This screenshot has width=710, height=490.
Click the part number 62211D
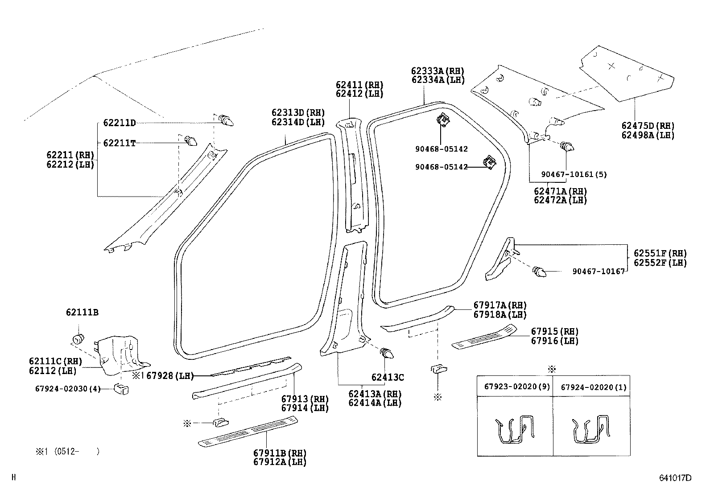(119, 123)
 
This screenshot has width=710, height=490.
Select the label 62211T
(119, 143)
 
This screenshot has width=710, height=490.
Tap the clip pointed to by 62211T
(191, 141)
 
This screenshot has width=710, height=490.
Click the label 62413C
(388, 378)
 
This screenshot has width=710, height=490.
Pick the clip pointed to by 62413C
(387, 355)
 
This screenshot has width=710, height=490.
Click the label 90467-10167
(599, 271)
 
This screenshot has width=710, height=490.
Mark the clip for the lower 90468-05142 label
(490, 164)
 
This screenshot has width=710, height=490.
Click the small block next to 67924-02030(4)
(121, 388)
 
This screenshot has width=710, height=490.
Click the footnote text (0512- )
(76, 451)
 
